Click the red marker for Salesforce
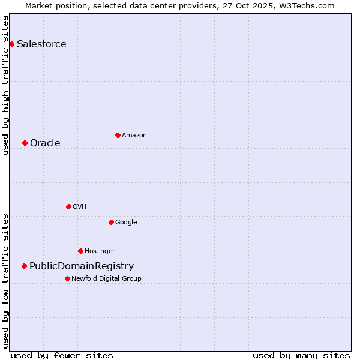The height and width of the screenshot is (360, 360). coord(11,44)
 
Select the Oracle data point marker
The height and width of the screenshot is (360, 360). coord(25,143)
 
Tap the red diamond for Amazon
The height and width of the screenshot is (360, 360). coord(118,135)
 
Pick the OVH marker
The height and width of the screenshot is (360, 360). coord(68,206)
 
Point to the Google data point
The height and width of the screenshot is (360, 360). coord(111,222)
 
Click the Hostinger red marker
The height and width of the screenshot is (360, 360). coord(80,251)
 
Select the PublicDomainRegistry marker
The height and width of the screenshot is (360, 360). coord(24,266)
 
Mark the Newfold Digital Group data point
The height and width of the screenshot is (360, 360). coord(67,278)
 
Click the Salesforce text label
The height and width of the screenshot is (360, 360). coord(41,44)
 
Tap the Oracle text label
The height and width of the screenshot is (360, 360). coord(45,143)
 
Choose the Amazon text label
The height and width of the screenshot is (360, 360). coord(134,135)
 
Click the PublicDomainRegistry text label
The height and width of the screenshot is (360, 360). coord(82,266)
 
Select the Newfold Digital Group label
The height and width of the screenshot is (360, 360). coord(106,278)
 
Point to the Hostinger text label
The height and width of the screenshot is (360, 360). coord(100,251)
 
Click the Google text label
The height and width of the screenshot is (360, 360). coord(126,222)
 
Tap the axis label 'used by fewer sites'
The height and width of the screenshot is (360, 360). coord(62,355)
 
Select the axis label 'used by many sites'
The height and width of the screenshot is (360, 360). coord(301,355)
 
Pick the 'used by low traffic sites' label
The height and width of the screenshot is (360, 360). coord(5,281)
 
